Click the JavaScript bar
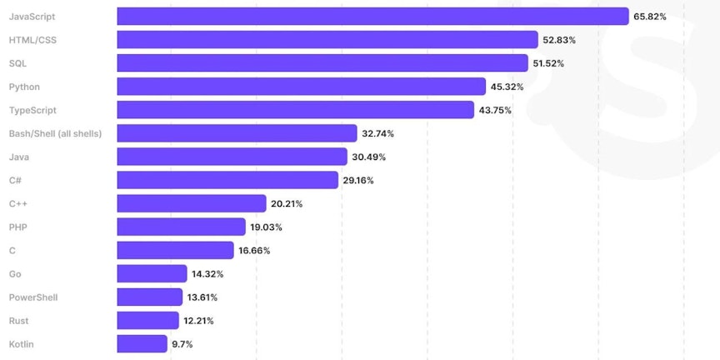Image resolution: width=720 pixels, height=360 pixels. coord(372,17)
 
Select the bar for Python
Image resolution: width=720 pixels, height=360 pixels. coord(301,87)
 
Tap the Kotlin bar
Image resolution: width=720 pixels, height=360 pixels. coord(142,343)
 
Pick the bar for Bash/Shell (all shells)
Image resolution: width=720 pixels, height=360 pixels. coord(237,133)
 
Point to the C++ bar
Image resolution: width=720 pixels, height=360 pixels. coord(192,203)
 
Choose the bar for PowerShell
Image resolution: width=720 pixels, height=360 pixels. coord(149,297)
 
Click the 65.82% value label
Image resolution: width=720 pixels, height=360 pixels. coord(649,17)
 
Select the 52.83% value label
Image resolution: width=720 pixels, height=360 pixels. coord(559,40)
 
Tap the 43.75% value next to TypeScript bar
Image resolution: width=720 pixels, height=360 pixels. coord(495,110)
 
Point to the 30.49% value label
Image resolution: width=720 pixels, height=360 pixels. coord(368,157)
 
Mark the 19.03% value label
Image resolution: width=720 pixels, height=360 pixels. coord(267,227)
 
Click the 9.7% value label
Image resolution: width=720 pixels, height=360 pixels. coord(182,343)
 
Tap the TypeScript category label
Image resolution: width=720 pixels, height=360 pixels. coord(32,110)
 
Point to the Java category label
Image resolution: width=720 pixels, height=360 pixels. coord(19,157)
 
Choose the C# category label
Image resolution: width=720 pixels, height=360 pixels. coord(15,180)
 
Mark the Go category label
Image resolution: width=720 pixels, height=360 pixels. coord(15,273)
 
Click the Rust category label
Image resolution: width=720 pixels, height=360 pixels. coord(19,320)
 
